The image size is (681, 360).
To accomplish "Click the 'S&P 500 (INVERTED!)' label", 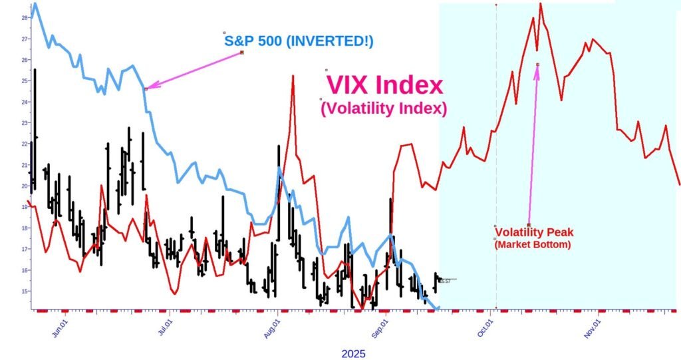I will coord(299,41).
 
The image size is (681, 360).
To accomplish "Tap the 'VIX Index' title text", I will coord(384,85).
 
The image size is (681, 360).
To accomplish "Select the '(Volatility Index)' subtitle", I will coord(383,108).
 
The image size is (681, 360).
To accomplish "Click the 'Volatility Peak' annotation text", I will coord(534,232).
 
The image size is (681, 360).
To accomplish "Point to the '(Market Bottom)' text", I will coord(533,245).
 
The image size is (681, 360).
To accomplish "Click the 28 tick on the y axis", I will coord(25,18).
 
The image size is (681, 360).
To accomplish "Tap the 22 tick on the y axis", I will coord(25,144).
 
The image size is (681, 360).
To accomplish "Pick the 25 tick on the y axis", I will coord(25,81).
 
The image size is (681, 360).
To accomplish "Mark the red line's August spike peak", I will coord(293,76).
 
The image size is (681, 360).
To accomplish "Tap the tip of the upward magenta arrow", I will coord(537,65).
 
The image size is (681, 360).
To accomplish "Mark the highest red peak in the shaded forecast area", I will coord(540,3).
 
